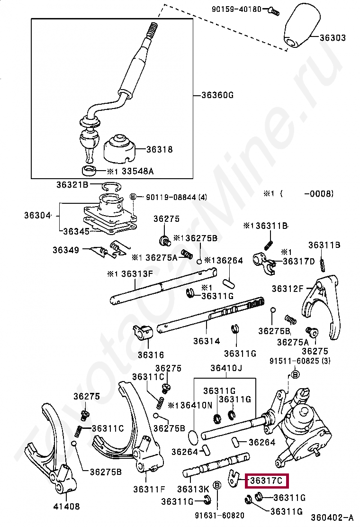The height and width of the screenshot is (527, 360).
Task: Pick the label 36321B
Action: coord(72,184)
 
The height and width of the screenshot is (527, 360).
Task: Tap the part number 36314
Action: coord(207,341)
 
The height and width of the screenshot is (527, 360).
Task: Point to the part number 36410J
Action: coord(226,368)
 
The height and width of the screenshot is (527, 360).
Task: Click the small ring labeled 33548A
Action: coord(88,171)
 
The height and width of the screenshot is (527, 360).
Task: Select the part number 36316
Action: coord(151,354)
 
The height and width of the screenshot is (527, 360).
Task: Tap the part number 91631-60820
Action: coord(219,515)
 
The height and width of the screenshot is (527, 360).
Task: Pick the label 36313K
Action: coord(193,489)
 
